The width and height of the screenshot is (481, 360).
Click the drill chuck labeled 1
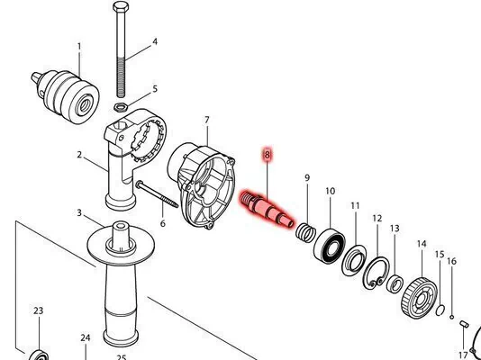66,95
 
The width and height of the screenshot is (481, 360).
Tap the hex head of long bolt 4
121,6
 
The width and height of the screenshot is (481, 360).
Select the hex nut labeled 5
121,107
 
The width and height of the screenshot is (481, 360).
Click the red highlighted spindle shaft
268,209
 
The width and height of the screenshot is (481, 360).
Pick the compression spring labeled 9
306,232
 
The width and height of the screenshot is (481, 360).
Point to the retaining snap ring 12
377,273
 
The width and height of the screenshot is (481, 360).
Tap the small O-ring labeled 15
440,310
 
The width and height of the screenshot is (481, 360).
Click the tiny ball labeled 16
451,317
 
